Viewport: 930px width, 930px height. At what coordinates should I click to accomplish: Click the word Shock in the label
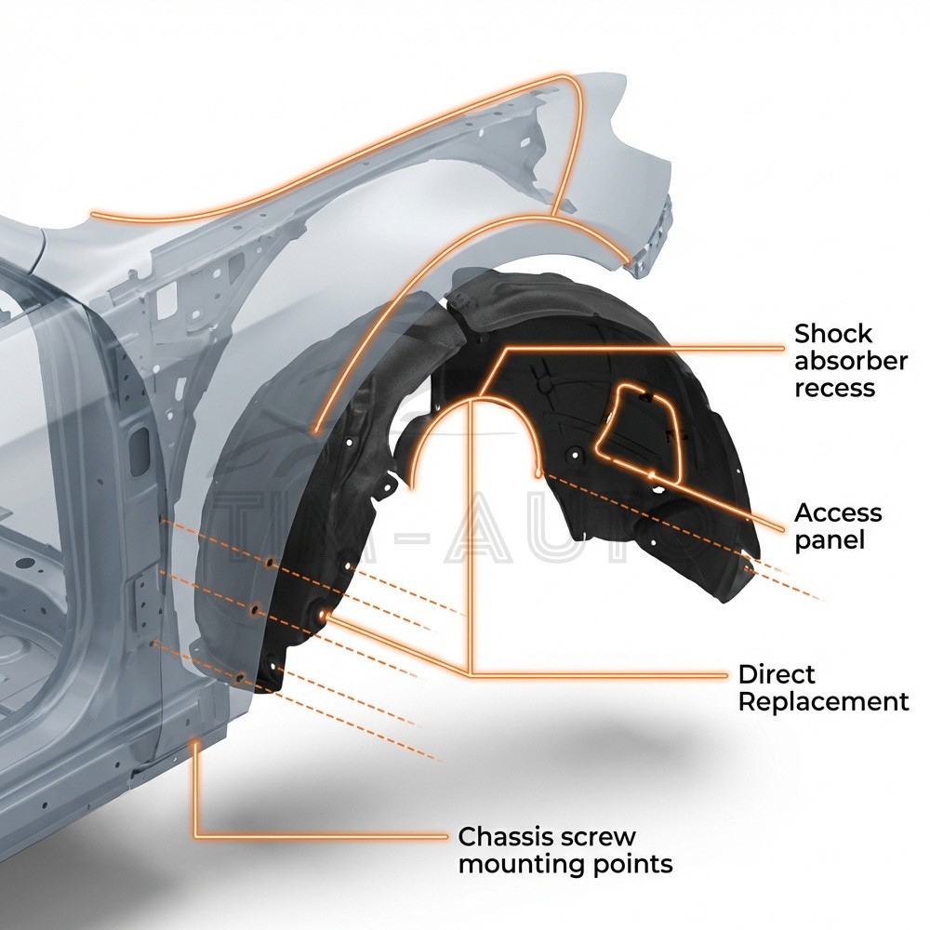(833, 334)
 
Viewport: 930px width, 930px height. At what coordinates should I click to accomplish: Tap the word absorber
(850, 361)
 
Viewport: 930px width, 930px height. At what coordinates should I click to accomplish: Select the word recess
(834, 387)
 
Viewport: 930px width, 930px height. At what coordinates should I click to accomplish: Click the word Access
(838, 513)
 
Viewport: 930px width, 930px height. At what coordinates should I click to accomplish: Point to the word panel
(830, 540)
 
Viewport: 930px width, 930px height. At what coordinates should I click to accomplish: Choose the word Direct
(777, 674)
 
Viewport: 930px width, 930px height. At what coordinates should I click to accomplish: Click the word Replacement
(823, 701)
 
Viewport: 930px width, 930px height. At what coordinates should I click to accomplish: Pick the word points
(631, 864)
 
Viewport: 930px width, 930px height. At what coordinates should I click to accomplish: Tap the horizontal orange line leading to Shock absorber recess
(651, 348)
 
